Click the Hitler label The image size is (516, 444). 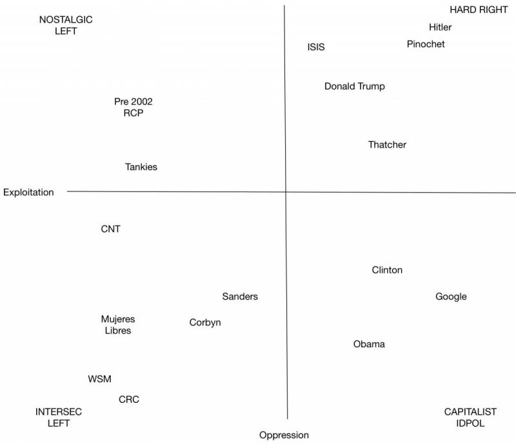coord(440,27)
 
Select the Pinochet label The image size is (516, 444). coord(426,44)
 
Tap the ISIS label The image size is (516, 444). coord(316,47)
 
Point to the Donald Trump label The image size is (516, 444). coord(354,86)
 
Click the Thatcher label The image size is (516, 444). coord(387,145)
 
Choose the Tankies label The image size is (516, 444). coord(141,167)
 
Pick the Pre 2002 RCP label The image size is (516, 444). coord(133,107)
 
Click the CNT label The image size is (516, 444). coord(111,229)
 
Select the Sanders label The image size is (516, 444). coord(240,296)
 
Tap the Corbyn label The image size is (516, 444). coord(205,322)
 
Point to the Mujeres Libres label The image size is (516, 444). coord(118,325)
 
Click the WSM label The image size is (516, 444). coord(100,379)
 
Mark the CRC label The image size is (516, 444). coord(129,400)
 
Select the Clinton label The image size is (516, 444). coord(387,270)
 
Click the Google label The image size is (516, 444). coord(451,296)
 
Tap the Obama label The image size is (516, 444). coord(369,344)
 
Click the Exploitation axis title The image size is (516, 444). coord(28,192)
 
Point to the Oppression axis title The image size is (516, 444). coord(284,435)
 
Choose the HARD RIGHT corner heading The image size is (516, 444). coord(479,10)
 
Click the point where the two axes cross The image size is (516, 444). coord(286,191)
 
